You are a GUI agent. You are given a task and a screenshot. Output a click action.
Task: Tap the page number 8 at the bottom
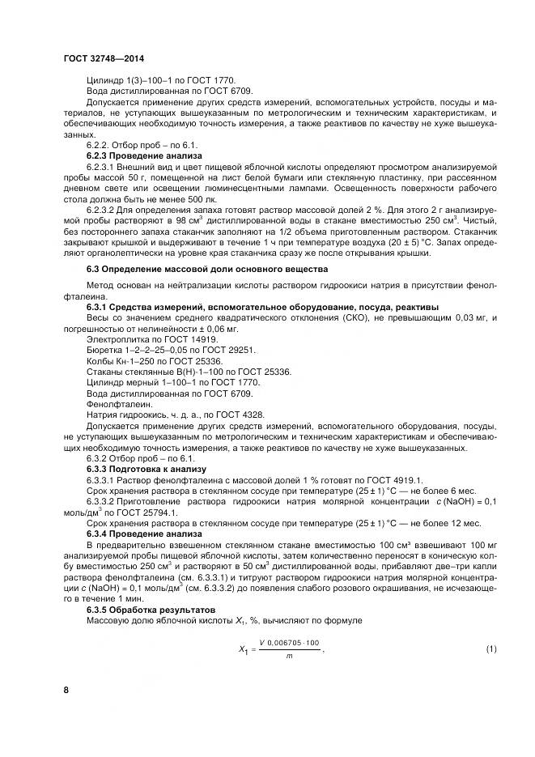66,689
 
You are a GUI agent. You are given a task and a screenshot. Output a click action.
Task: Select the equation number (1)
490,650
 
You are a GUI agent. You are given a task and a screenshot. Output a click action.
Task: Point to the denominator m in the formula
288,657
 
